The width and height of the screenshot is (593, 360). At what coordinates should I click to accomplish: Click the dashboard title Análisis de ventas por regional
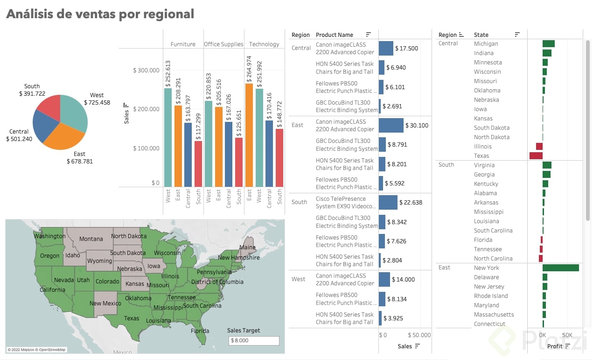100,14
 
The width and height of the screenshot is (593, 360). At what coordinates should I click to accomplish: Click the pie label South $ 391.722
32,90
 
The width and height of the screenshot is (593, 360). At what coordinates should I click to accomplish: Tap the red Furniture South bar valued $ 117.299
198,163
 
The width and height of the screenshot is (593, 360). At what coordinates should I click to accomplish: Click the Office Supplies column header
223,44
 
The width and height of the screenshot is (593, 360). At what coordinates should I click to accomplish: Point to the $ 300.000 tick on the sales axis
147,71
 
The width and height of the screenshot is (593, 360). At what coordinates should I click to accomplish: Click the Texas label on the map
132,318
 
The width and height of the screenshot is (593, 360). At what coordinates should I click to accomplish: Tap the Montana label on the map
91,239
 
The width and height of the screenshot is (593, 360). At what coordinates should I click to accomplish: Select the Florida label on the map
200,331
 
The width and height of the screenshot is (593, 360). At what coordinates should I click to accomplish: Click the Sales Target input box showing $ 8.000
254,340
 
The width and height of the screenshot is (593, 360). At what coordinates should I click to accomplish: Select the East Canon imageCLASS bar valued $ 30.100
391,125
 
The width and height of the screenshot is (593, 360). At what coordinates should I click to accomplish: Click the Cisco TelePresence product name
345,202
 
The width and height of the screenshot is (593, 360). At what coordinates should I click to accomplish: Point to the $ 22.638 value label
411,202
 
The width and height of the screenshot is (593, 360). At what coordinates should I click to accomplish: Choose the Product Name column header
335,35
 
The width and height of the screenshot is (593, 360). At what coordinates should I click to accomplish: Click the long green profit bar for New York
560,268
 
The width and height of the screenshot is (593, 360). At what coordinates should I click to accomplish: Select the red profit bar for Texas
536,156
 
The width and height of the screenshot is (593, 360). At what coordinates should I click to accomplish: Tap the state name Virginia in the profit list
484,165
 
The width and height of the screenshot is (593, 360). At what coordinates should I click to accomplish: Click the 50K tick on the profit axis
567,335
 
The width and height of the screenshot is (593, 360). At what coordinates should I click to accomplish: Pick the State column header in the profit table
481,35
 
